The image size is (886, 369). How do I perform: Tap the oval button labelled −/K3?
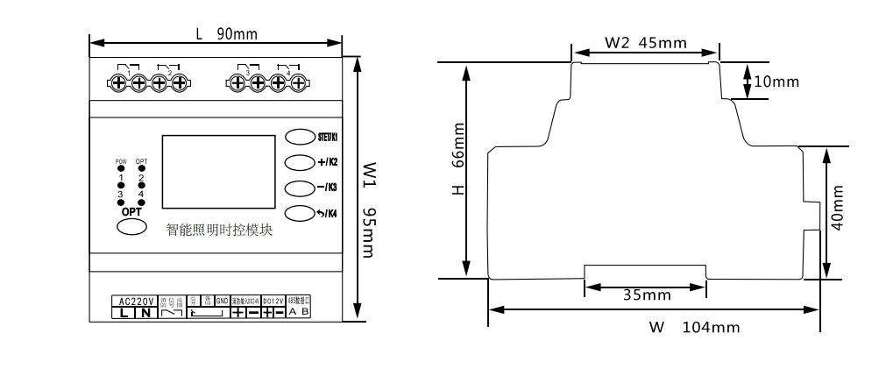point(300,188)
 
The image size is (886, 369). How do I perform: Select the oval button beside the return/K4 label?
point(300,213)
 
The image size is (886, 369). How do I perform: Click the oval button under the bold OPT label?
point(131,227)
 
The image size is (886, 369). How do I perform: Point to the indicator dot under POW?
point(121,168)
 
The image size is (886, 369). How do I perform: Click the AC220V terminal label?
point(135,301)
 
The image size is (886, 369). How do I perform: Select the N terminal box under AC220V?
point(145,312)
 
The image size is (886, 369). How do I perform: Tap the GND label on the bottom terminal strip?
point(222,301)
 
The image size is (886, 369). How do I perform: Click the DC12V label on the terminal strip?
point(273,301)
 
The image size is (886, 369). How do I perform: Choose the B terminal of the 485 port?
point(305,311)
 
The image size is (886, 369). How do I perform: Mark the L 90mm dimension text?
point(226,34)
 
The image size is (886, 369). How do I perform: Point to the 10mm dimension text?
point(776,82)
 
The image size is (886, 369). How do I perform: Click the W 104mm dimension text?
point(694,328)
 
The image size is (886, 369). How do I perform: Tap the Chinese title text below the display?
point(220,231)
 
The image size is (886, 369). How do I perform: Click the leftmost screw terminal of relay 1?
point(118,83)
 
